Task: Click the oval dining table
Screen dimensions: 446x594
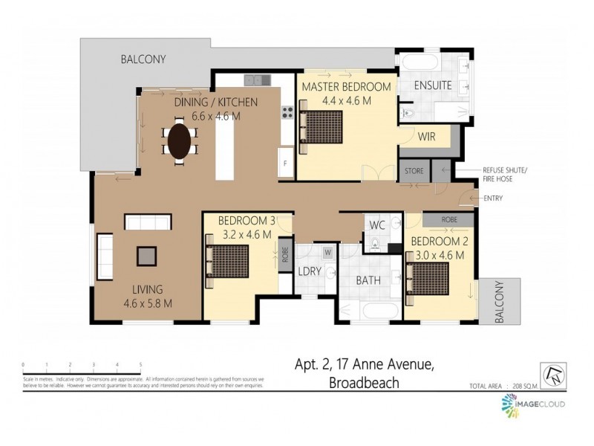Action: [x=180, y=140]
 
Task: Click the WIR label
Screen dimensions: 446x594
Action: [x=426, y=137]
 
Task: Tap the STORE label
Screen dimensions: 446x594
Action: [x=414, y=171]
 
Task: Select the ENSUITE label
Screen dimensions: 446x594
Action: [x=433, y=85]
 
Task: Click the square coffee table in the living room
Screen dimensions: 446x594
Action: [x=146, y=256]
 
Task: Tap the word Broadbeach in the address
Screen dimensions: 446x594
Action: [x=364, y=383]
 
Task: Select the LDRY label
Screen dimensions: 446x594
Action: [x=310, y=271]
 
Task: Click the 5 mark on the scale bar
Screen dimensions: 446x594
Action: [x=140, y=364]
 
